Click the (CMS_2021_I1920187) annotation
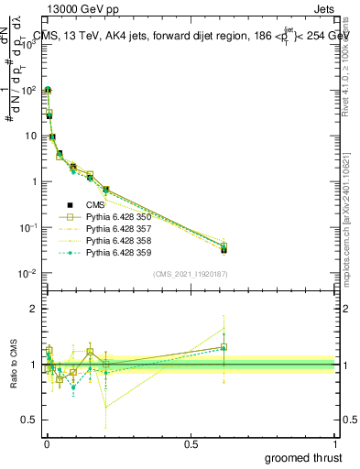tap(190, 274)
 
